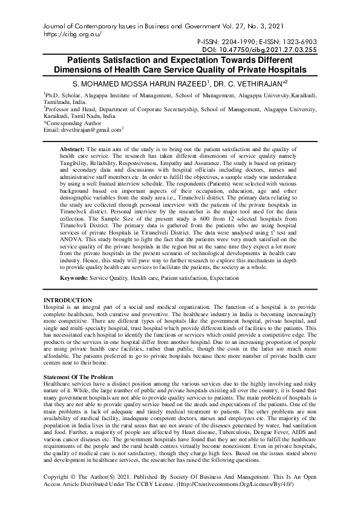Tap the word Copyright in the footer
click(61, 477)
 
